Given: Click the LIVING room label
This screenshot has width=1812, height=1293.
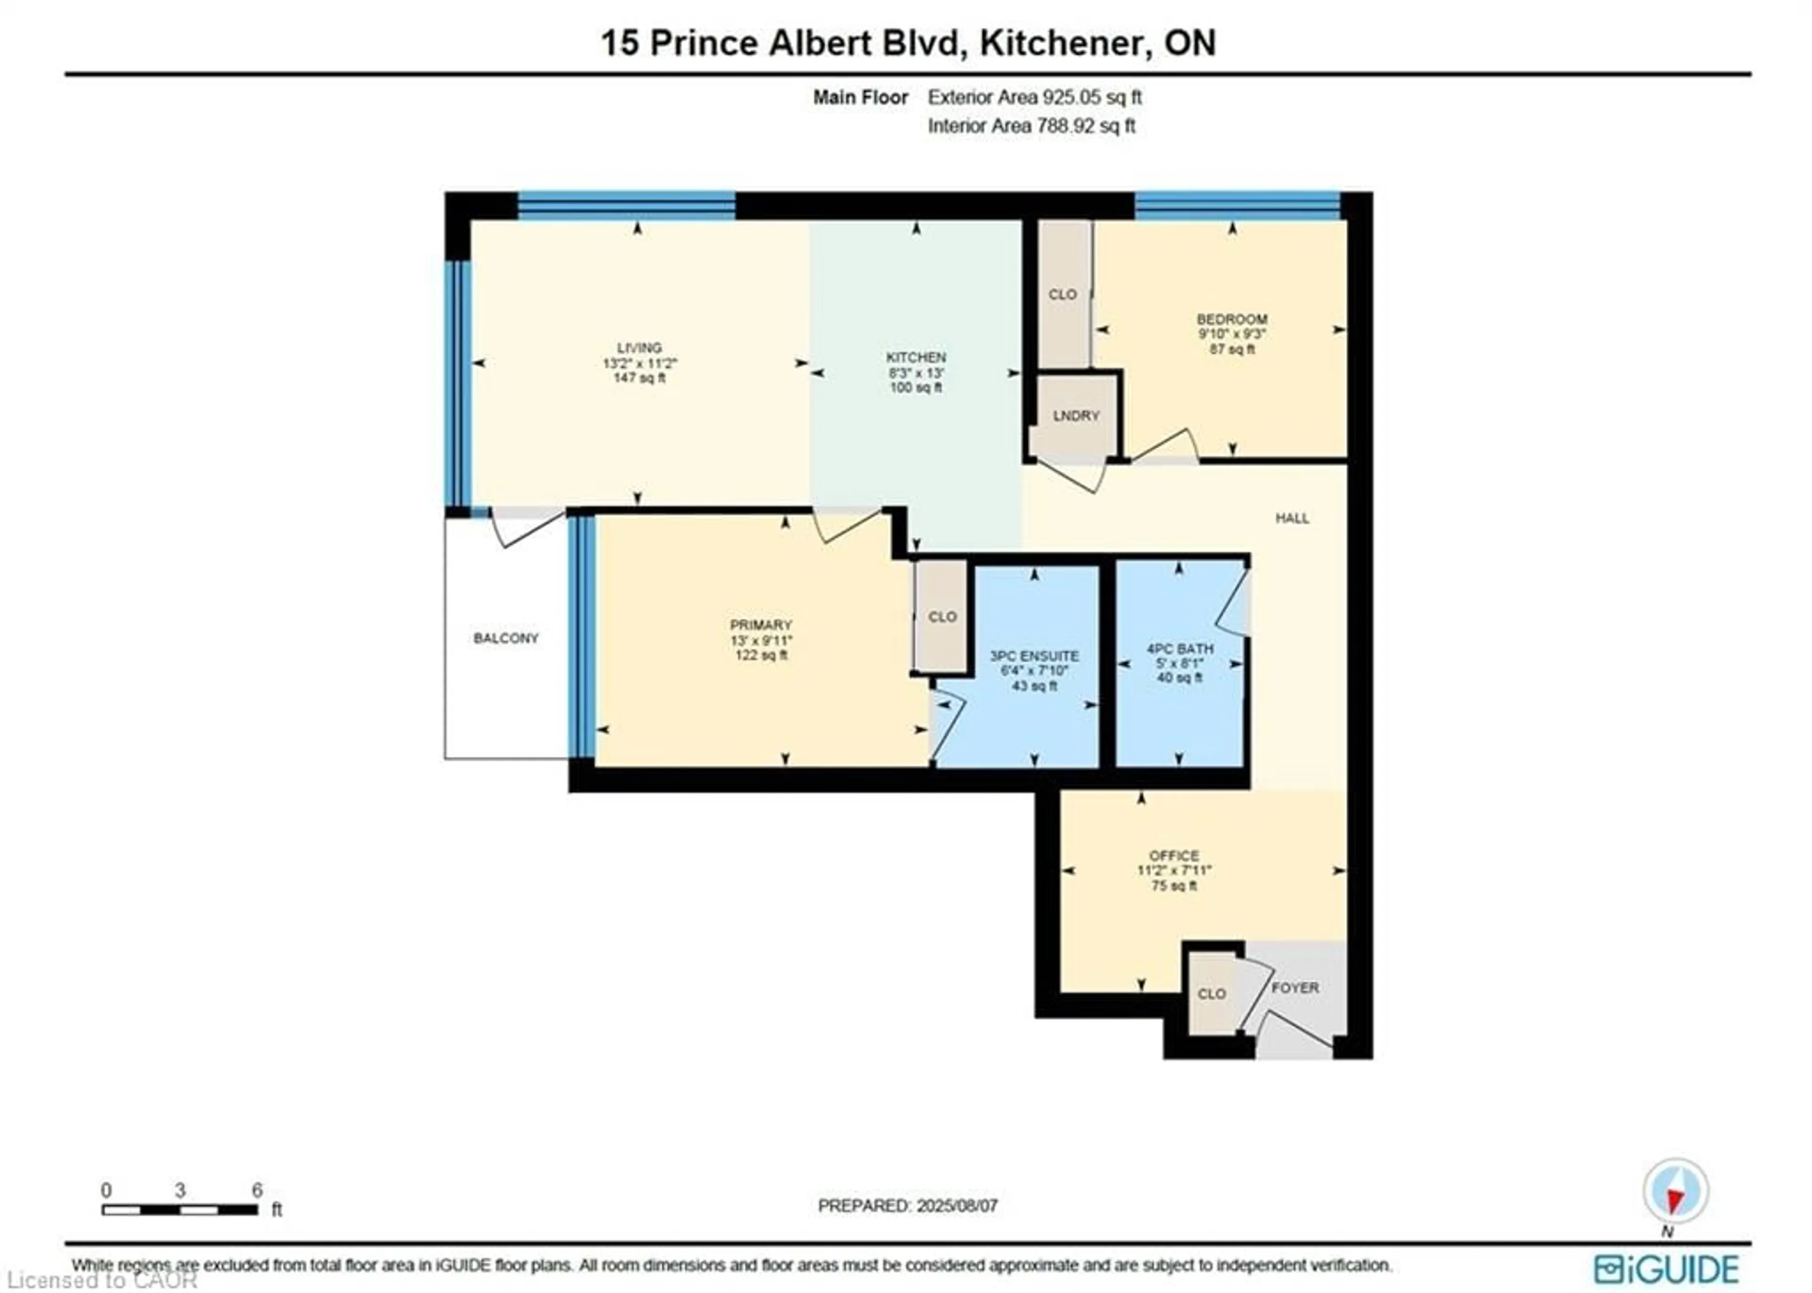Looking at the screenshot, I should pos(639,348).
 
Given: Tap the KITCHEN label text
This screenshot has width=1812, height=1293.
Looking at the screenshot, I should pos(916,358).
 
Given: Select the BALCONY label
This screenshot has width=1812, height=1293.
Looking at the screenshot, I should pos(506,638).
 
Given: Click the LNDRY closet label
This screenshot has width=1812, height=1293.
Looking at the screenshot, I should pos(1075,416).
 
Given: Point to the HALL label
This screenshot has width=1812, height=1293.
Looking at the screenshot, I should pos(1292,518).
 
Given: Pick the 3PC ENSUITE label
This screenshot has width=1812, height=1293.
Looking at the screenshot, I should pos(1034,656).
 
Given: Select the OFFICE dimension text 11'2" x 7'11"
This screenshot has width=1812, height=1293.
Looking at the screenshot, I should pos(1174,871).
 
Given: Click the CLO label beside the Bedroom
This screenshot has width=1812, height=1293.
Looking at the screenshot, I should pos(1063,294).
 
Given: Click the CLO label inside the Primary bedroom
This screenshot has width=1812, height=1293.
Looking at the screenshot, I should pos(942,617).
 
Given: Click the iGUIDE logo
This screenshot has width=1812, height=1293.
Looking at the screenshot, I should pos(1666,1268).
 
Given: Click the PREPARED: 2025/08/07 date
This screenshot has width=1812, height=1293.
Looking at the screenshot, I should pos(907,1206).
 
